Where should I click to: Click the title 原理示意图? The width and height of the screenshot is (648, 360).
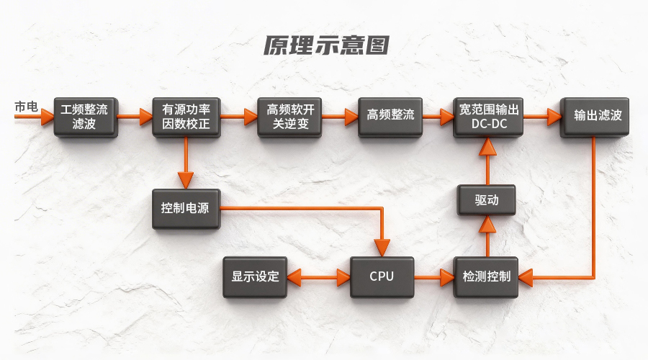pos(325,45)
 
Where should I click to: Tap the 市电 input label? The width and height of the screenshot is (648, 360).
pos(26,107)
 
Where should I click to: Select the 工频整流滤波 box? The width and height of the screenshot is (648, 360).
pos(84,117)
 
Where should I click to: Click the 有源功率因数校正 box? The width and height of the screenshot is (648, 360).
pos(186,117)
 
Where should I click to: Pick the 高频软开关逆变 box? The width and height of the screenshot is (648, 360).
pos(291,117)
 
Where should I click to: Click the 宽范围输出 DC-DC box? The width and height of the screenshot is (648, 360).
pos(489,117)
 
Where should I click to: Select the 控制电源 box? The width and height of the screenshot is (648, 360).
pos(186,209)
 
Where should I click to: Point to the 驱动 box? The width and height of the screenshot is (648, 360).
pos(487,200)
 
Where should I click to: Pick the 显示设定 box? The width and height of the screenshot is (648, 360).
pos(255,276)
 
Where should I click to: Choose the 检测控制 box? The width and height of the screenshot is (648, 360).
pos(487,277)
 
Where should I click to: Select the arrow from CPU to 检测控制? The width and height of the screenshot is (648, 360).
pos(433,276)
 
